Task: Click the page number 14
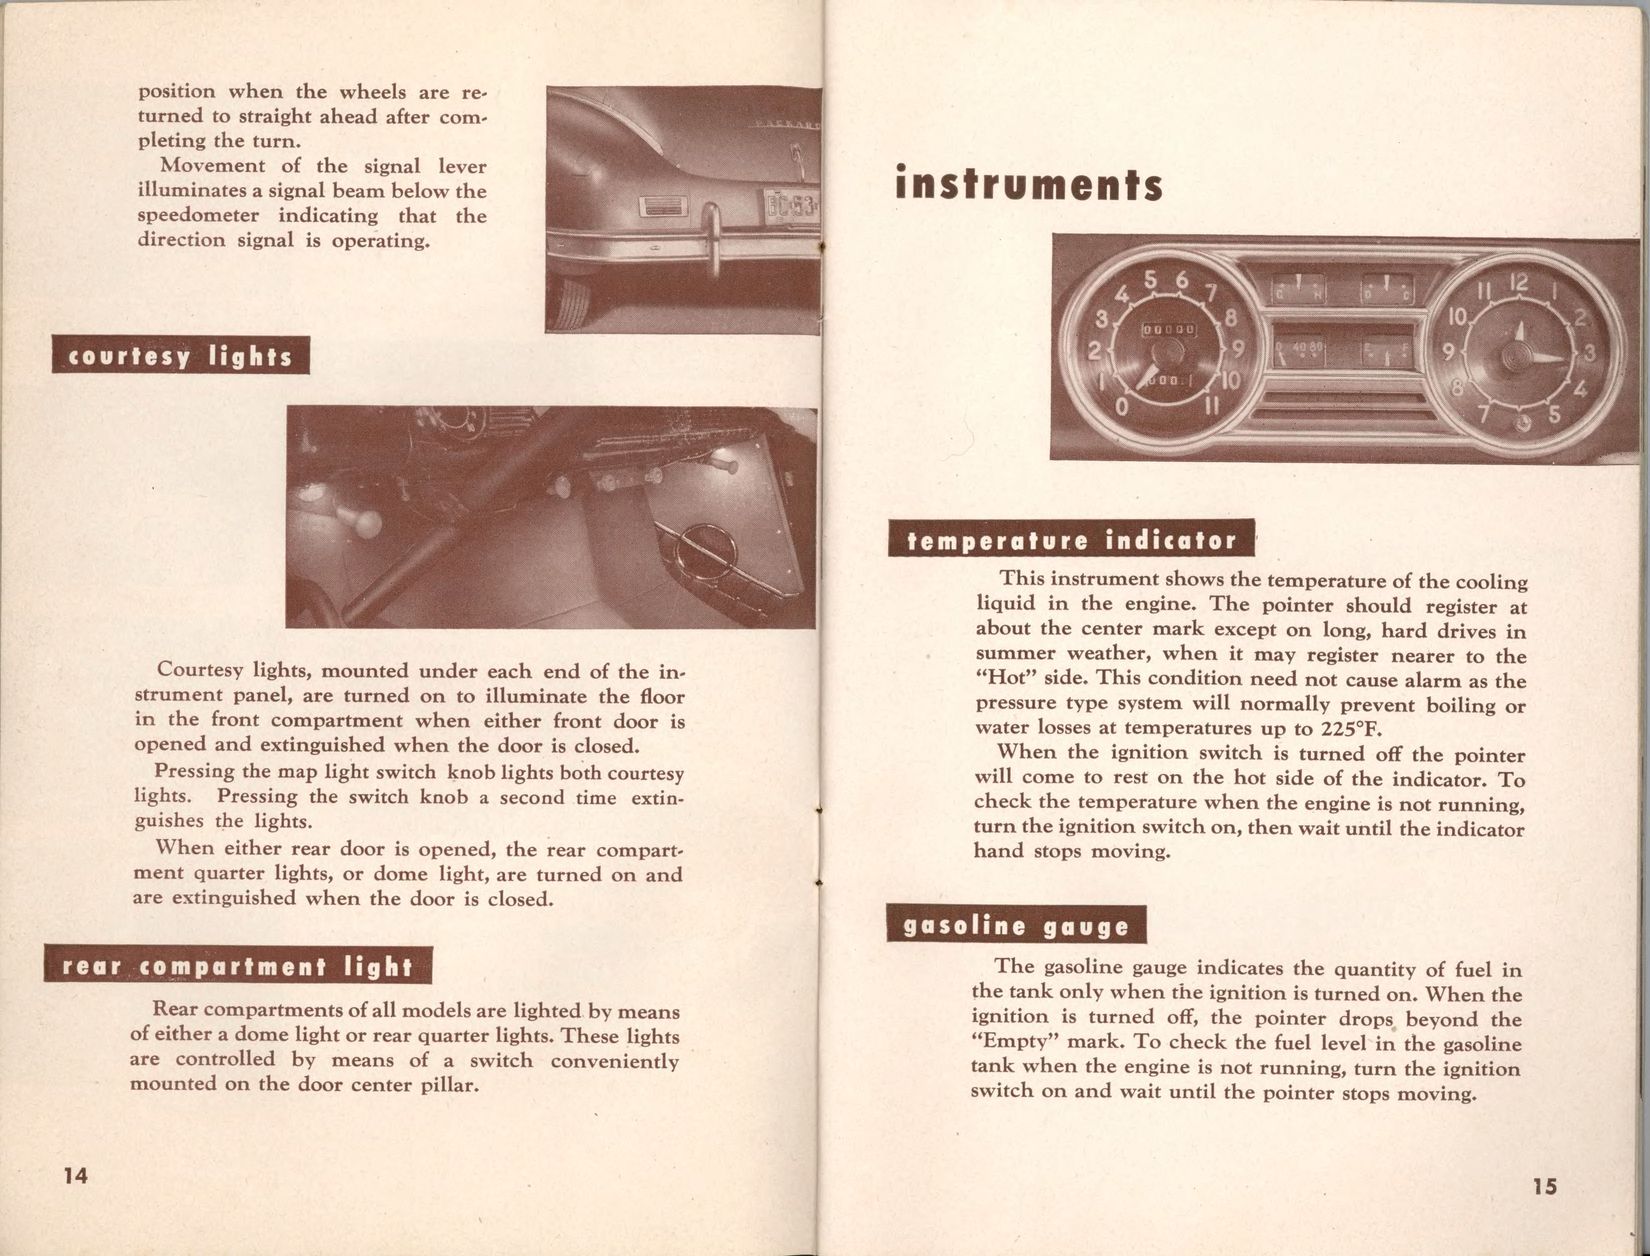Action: (75, 1175)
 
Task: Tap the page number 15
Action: (1543, 1186)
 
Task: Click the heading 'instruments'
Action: (1029, 186)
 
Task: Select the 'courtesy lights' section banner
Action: (181, 357)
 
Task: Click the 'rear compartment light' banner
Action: (238, 966)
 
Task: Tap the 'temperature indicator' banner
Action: (1071, 541)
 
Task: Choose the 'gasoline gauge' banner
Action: (1016, 926)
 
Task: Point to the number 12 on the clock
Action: (1518, 283)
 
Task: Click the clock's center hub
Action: (1518, 354)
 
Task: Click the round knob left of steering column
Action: (359, 523)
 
